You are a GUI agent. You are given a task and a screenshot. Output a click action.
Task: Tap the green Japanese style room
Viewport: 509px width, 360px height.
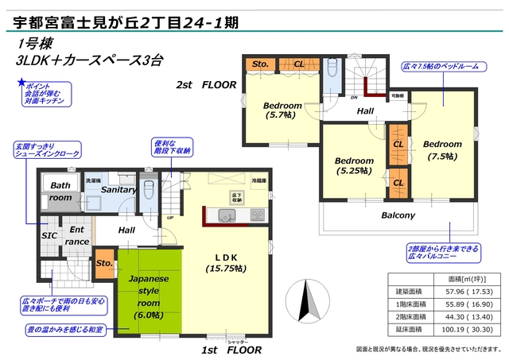[x=150, y=294]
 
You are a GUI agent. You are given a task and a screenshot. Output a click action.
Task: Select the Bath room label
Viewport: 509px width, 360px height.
[x=60, y=191]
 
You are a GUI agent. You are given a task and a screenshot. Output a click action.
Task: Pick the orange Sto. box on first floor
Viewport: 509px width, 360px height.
[x=104, y=263]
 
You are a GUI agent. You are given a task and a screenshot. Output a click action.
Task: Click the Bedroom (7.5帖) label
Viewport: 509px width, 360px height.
[x=441, y=149]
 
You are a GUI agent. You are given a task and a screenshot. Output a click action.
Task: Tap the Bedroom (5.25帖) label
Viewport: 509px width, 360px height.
[x=354, y=164]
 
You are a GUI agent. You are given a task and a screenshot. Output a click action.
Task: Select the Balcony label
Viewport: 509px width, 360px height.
[x=398, y=215]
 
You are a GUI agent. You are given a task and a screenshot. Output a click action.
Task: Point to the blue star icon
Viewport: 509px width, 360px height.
[x=21, y=83]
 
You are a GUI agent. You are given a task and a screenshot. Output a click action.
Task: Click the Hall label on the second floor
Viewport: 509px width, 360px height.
[x=366, y=110]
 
